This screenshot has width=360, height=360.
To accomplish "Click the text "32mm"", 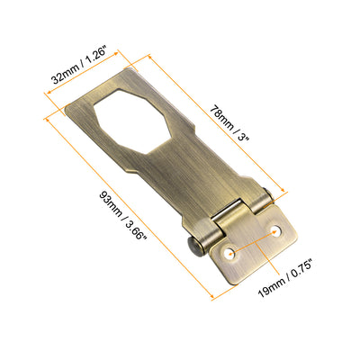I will (63, 78).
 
